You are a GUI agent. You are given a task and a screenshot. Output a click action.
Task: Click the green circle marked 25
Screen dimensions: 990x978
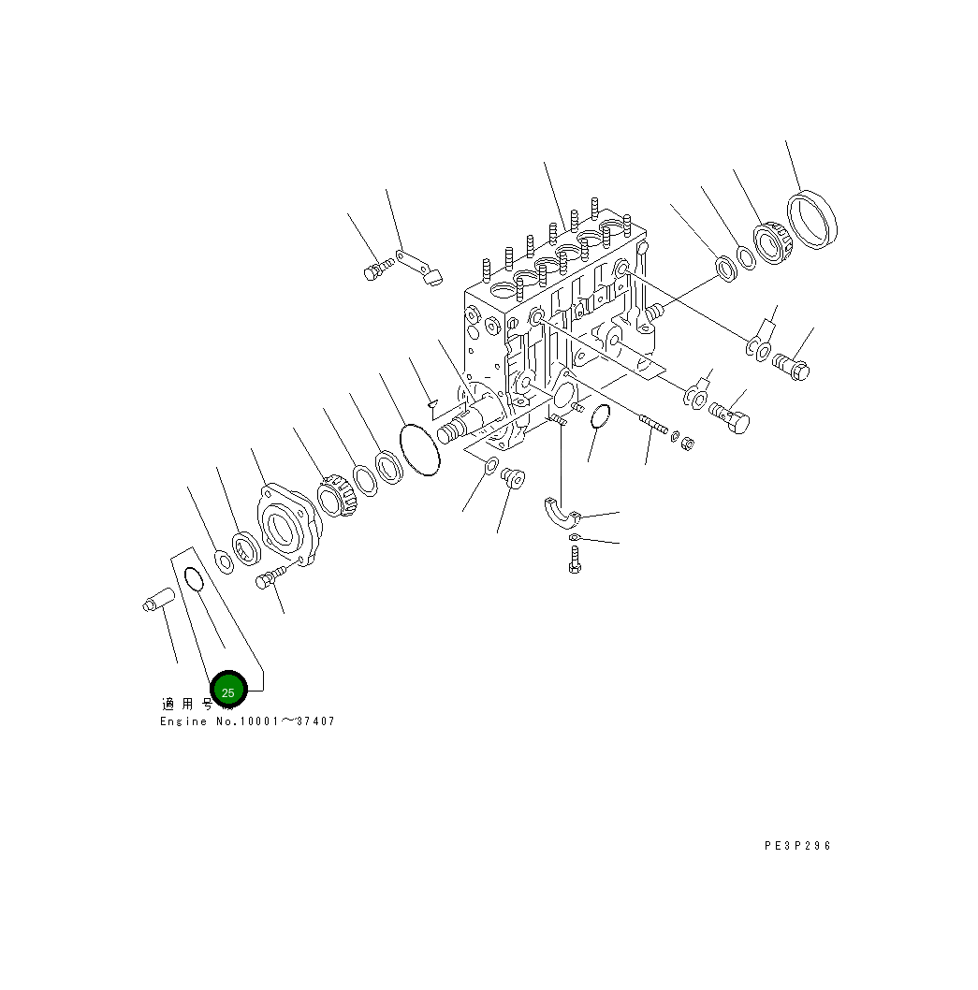(227, 691)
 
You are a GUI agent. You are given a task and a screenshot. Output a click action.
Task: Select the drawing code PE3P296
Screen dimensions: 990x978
(797, 846)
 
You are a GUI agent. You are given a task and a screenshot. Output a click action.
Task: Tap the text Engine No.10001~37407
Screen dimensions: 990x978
(247, 721)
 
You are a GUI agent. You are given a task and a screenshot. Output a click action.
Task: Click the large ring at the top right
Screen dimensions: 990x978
(812, 221)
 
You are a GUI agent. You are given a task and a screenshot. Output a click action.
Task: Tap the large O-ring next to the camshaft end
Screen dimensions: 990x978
(419, 451)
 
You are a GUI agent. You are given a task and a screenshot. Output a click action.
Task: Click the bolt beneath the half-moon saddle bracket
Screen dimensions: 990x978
(575, 560)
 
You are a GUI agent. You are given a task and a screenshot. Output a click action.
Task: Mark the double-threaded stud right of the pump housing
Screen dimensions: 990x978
(653, 426)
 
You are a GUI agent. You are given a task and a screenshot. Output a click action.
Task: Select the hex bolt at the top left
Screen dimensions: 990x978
(375, 271)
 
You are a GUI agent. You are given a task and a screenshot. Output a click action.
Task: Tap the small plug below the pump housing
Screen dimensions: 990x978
(512, 479)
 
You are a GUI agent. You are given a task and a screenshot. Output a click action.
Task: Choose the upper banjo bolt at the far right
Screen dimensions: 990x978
(792, 366)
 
